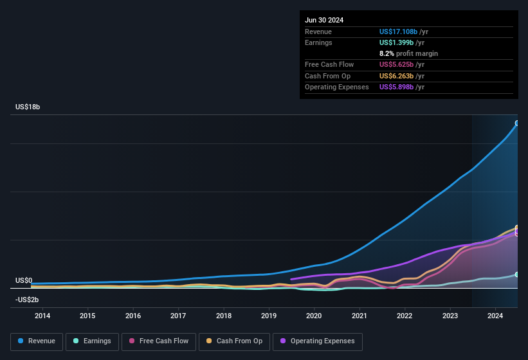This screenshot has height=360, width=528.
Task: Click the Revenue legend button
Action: [x=37, y=341]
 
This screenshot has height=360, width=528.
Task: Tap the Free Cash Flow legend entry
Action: [x=159, y=341]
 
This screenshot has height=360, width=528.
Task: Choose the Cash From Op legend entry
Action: [x=235, y=341]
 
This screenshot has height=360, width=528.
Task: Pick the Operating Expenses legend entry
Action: [x=318, y=341]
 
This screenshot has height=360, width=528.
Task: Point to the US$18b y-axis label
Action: [x=28, y=107]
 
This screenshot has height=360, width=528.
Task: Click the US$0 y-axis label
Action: [x=24, y=281]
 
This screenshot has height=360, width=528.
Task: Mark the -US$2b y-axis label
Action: [x=27, y=300]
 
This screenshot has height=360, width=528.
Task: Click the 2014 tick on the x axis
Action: [x=42, y=316]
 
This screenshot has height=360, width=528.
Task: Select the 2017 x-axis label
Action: [x=178, y=316]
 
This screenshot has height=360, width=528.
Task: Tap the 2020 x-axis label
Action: [x=314, y=316]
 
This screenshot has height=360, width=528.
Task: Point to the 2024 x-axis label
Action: [x=495, y=316]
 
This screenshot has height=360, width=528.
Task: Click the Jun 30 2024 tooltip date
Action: [x=324, y=20]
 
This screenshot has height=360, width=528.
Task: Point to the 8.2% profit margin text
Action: [x=408, y=53]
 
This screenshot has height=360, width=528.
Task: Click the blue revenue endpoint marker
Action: [x=517, y=123]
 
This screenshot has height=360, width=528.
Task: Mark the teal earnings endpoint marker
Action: [x=517, y=274]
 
